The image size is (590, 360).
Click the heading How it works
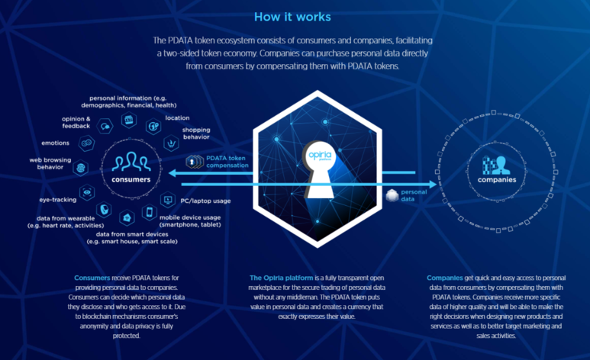[x=292, y=17]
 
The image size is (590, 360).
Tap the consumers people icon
[x=131, y=162]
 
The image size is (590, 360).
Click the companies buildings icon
[x=496, y=165]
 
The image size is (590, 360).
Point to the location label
[x=177, y=117]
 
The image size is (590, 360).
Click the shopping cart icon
[x=171, y=143]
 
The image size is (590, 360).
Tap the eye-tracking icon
[x=87, y=192]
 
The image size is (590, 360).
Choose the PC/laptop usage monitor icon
[x=168, y=200]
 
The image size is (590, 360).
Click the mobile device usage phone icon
[x=150, y=212]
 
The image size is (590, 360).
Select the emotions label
[x=55, y=143]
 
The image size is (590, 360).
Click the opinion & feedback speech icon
[x=105, y=127]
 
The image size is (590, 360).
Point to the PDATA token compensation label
[x=227, y=162]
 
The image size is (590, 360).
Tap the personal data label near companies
[x=414, y=195]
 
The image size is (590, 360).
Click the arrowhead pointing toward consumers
[x=172, y=173]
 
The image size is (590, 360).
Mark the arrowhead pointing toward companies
[x=433, y=185]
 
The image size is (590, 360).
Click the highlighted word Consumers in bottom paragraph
[x=92, y=278]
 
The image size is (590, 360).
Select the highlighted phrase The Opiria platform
[x=281, y=278]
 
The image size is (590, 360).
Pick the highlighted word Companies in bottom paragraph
[x=445, y=278]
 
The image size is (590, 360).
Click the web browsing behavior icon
[x=80, y=168]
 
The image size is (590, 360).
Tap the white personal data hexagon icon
[x=392, y=195]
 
